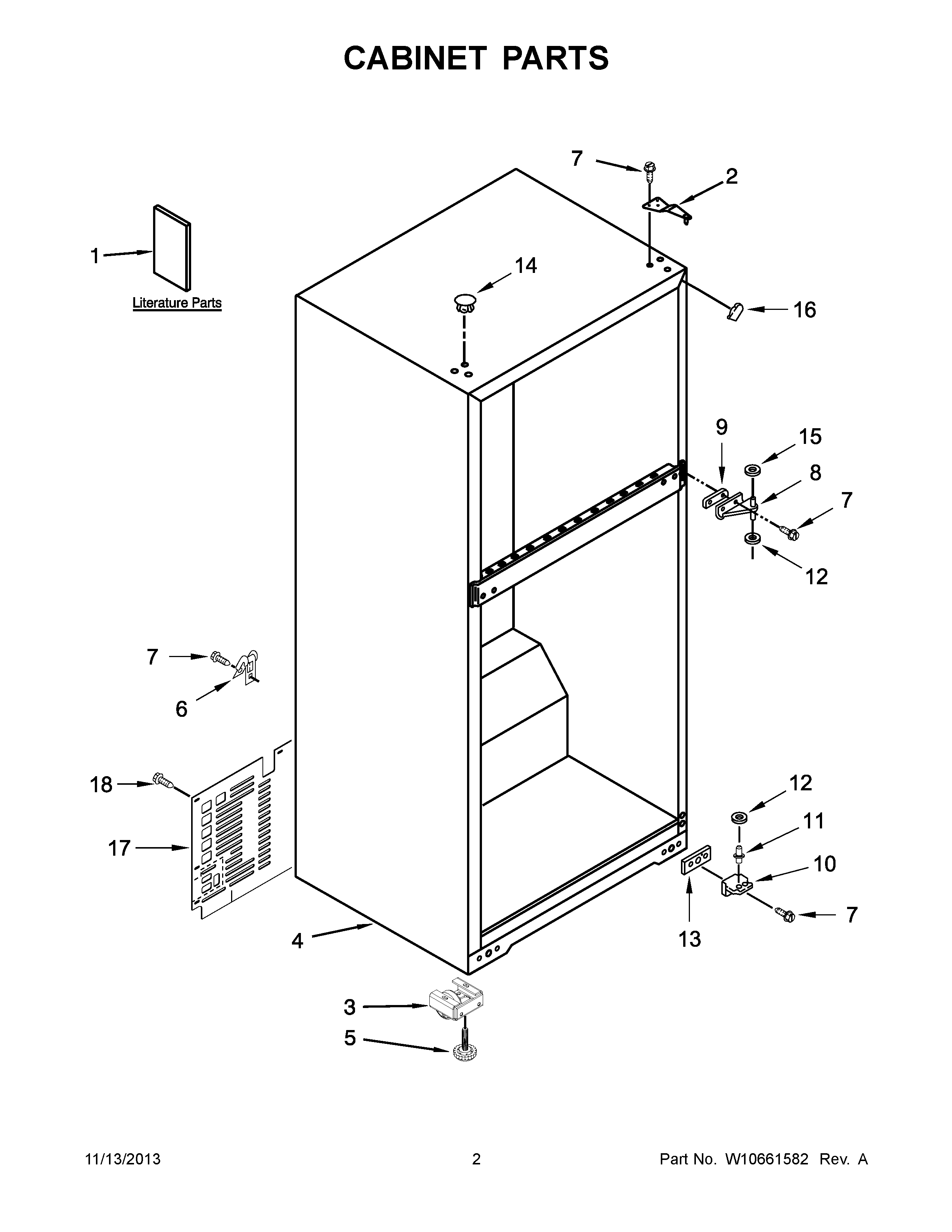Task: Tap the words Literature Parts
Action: click(x=177, y=303)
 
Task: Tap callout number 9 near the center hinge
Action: click(x=722, y=427)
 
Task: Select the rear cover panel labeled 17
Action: click(x=231, y=829)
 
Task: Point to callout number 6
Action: click(x=181, y=709)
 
